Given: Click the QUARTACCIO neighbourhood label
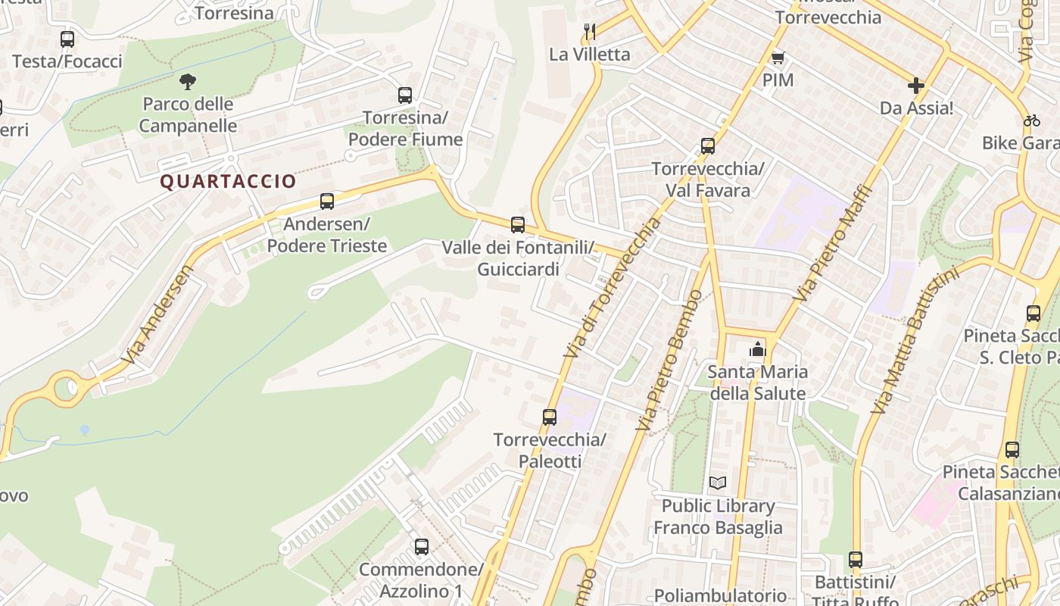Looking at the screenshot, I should pos(228,182).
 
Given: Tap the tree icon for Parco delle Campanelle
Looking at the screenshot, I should pos(188,81).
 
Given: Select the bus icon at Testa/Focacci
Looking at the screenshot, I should pos(67,39).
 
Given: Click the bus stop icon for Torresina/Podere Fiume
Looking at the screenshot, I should pos(405,95).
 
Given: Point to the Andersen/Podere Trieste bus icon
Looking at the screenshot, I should pos(327,201).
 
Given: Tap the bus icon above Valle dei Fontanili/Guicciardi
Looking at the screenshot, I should pos(518,225).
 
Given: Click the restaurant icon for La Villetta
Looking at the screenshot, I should pos(591,32).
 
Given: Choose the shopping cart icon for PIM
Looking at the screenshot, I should pos(778,58).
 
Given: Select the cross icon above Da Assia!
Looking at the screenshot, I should pos(916,86).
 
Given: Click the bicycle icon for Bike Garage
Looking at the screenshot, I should pos(1031,120).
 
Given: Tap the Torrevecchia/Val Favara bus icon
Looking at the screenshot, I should pos(708,146).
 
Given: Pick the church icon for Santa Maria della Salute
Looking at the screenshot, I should pos(757,349).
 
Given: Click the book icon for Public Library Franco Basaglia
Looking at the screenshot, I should pos(718,483).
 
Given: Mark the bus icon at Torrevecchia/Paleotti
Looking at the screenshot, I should pos(550,417).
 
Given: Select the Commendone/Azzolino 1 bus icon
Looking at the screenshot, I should pos(422,546).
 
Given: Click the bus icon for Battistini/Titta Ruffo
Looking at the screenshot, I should pos(856,560).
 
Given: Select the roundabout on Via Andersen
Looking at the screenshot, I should pos(67,389).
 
